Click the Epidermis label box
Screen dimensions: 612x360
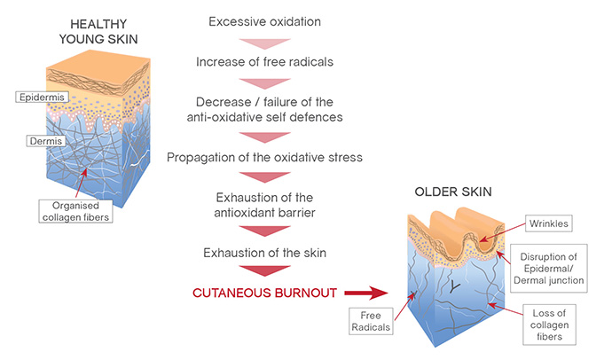click(43, 98)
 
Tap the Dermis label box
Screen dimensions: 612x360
click(45, 141)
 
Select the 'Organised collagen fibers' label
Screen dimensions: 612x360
click(75, 211)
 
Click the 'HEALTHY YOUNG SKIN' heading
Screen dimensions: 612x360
click(98, 32)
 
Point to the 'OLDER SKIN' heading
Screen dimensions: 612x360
click(453, 192)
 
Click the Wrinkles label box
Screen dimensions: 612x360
click(548, 223)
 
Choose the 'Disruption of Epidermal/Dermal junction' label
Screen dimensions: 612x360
click(549, 269)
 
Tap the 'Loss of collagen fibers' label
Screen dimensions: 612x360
click(549, 325)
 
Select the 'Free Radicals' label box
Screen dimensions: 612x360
click(371, 321)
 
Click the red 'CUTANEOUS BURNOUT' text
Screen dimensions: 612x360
click(264, 293)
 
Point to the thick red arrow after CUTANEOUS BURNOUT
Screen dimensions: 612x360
click(366, 293)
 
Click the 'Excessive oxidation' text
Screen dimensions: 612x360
click(264, 22)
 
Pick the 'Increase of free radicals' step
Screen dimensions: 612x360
click(264, 62)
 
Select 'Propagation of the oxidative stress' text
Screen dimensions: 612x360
click(264, 158)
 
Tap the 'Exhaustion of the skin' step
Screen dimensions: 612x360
click(264, 253)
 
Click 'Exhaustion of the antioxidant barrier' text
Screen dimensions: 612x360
click(264, 205)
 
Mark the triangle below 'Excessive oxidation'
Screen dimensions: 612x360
click(264, 43)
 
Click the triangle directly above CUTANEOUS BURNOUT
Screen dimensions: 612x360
click(264, 270)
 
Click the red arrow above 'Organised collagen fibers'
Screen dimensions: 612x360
click(82, 184)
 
